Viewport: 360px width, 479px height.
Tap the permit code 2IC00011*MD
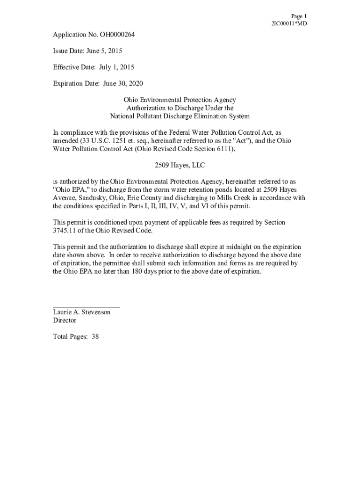(x=289, y=24)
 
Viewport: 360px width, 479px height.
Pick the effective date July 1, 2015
(x=116, y=67)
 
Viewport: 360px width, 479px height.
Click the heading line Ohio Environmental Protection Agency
(x=180, y=100)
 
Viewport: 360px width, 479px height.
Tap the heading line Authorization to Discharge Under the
(x=180, y=108)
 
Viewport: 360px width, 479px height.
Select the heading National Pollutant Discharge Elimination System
(x=180, y=116)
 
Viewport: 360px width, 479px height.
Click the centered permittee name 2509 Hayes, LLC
(x=180, y=165)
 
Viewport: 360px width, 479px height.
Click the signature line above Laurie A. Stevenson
(x=86, y=307)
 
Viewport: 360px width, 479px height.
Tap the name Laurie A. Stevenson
(x=82, y=312)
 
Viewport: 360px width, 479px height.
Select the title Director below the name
(x=65, y=320)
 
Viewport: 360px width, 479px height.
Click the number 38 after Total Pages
(x=95, y=336)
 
